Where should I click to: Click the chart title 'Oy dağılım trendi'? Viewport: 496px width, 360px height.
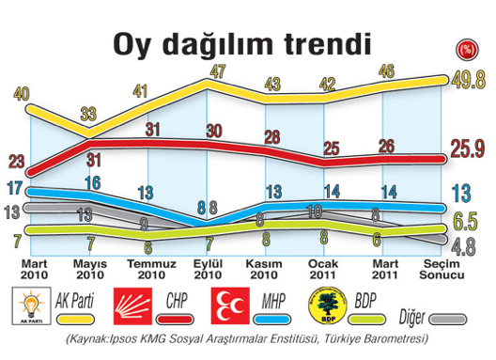[240, 43]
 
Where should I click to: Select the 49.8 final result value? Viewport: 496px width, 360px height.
[467, 81]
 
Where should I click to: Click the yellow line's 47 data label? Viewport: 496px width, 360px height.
[219, 70]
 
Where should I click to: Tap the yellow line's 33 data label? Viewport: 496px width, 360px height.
[88, 114]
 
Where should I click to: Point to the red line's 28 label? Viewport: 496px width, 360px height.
[271, 137]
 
